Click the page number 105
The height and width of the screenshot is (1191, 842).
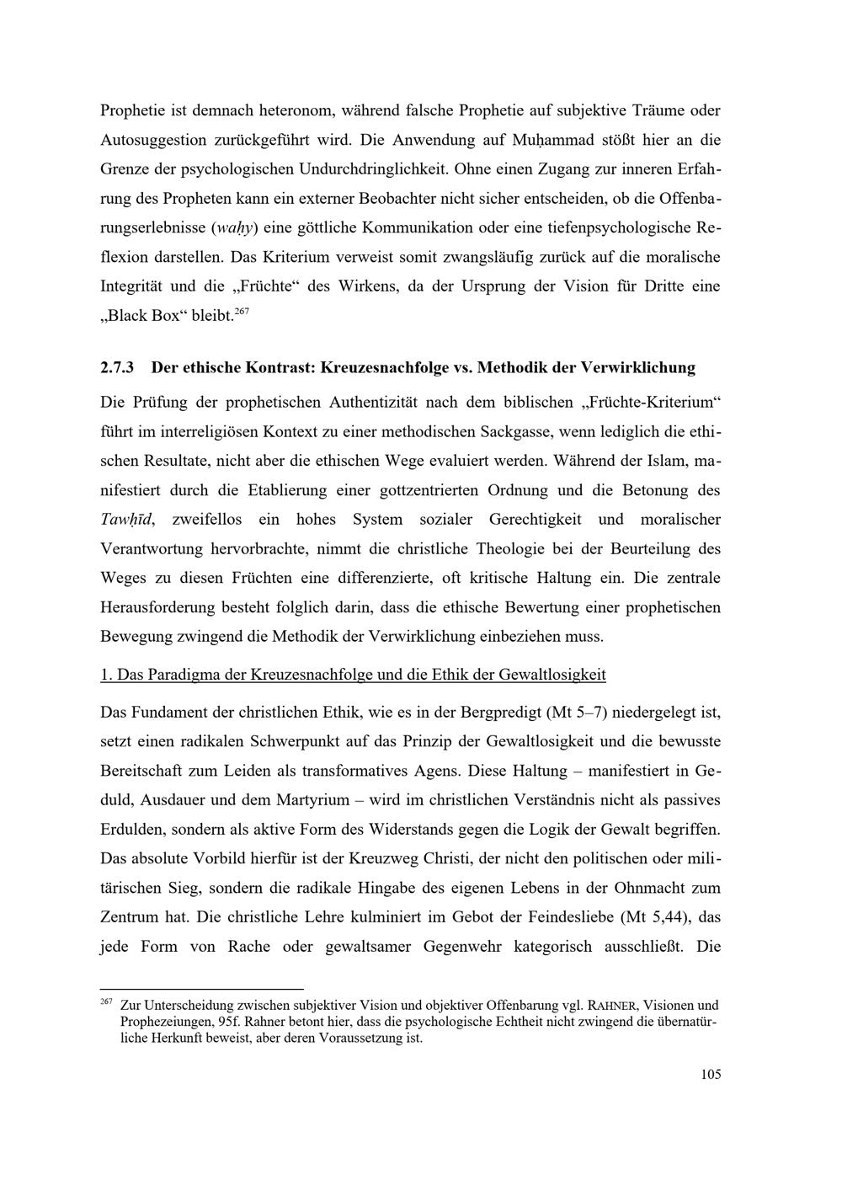click(711, 1075)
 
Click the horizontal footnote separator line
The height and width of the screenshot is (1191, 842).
click(201, 989)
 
